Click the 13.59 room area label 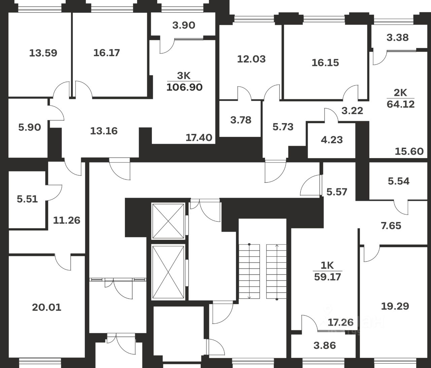(43, 53)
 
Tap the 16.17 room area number (106, 53)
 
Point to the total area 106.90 (185, 87)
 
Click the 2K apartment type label (401, 93)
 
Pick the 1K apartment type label (327, 265)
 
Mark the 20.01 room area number (46, 307)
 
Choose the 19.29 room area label (395, 306)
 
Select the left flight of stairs (250, 271)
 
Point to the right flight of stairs (276, 271)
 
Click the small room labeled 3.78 (241, 120)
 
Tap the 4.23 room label (332, 140)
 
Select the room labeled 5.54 (399, 181)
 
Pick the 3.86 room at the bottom (324, 345)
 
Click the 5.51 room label (27, 199)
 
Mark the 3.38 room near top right (398, 37)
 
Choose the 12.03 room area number (251, 59)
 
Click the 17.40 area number (199, 137)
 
